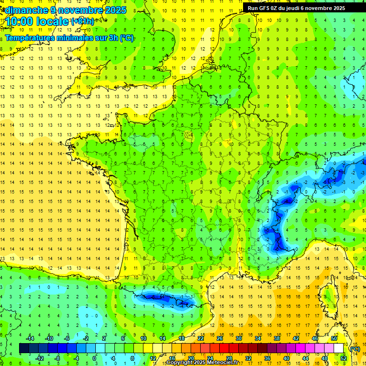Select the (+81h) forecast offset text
pos(82,21)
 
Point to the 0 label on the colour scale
pos(94,358)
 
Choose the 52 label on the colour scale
pos(344,358)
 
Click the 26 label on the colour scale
pos(219,338)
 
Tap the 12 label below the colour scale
pos(152,358)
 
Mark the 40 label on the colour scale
pos(286,358)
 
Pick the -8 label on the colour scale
pos(58,358)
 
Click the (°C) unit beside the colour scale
pos(355,348)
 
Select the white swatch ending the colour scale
pos(339,348)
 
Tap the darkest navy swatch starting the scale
pos(24,348)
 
